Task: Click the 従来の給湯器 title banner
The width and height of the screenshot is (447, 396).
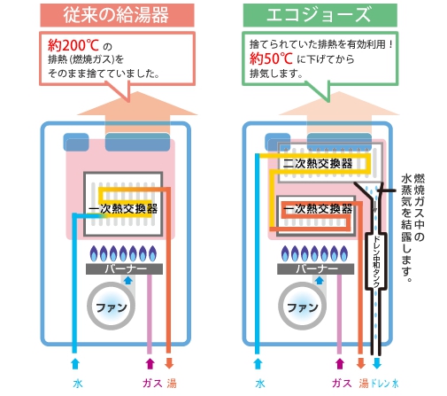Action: tap(117, 15)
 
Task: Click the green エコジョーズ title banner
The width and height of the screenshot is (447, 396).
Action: tap(320, 15)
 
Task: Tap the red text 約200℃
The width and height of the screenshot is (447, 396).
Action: tap(73, 45)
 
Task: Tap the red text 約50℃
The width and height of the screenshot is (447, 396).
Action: tap(271, 58)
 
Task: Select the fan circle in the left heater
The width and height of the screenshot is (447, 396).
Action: tap(112, 306)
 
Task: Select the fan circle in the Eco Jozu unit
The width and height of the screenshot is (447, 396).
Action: tap(303, 306)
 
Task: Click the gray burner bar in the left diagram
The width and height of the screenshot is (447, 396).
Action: tap(124, 268)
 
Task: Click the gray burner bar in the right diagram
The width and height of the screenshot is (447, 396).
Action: tap(315, 268)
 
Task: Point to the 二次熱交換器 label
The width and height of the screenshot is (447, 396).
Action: tap(318, 164)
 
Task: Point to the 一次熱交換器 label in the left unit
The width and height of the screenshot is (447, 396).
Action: tap(123, 209)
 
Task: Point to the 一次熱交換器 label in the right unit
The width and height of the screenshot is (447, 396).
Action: tap(318, 209)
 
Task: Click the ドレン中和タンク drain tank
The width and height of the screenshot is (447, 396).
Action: tap(376, 260)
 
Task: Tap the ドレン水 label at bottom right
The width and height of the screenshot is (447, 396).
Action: tap(384, 384)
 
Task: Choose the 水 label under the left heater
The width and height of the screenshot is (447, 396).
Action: tap(78, 384)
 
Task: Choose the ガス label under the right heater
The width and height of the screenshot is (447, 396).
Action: tap(342, 384)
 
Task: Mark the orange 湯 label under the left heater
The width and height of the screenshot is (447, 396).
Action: tap(172, 384)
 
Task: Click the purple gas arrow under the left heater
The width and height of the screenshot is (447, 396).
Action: tap(150, 363)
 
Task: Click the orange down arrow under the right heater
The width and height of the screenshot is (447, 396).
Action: tap(361, 363)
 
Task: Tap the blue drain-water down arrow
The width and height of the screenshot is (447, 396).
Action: tap(377, 363)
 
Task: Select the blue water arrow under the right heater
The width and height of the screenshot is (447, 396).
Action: tap(258, 363)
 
